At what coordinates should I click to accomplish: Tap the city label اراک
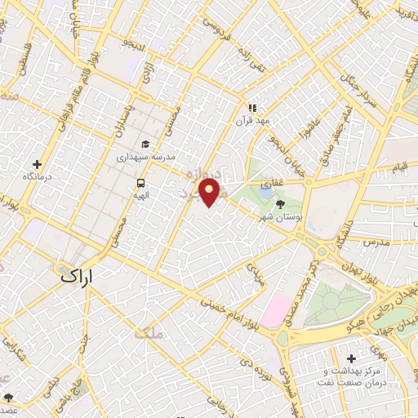tap(78, 277)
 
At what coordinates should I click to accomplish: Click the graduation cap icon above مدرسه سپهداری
tap(145, 144)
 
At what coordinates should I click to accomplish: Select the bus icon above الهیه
tap(141, 183)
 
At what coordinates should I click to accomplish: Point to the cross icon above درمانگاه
tap(36, 164)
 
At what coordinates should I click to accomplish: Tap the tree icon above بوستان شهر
tap(281, 204)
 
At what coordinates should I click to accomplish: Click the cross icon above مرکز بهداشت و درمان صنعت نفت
tap(352, 358)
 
